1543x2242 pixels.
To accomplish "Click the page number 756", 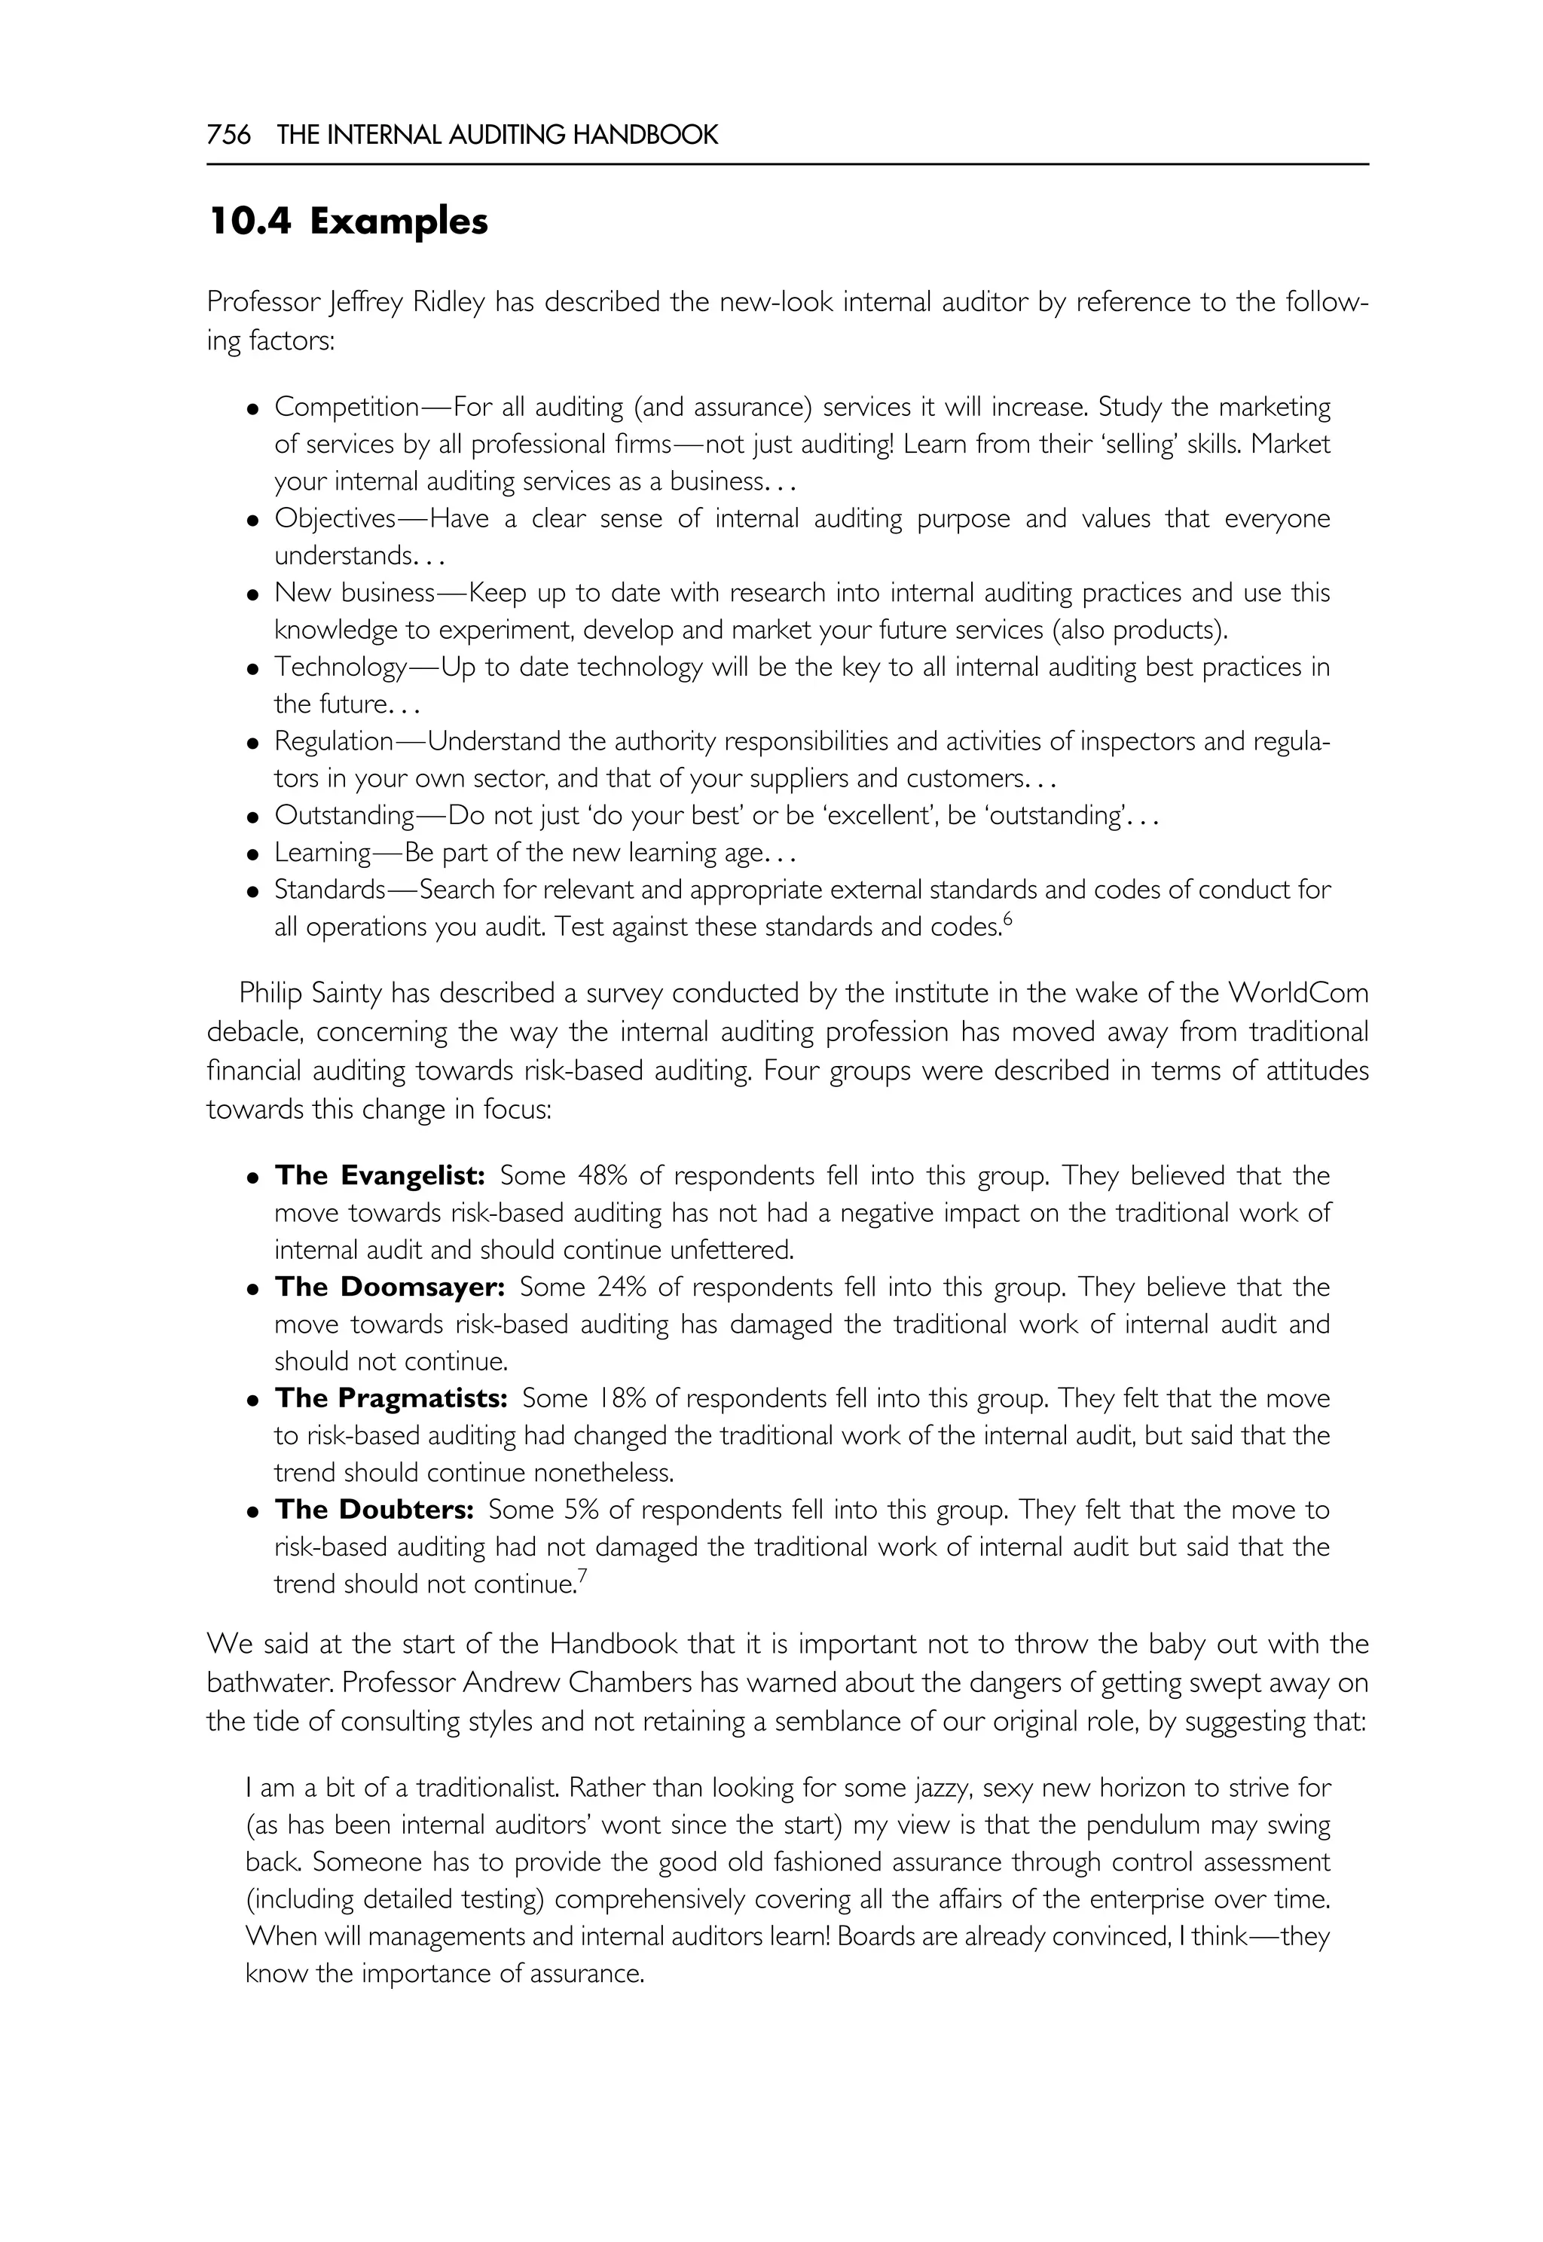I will coord(229,136).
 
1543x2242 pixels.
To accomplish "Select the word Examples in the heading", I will coord(399,222).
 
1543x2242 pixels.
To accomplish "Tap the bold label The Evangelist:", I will coord(379,1176).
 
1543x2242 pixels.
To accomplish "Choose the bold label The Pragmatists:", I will coord(390,1398).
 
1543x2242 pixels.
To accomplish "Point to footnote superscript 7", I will coord(582,1577).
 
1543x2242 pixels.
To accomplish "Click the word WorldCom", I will coord(1297,993).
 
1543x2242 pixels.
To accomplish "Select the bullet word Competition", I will coord(346,407).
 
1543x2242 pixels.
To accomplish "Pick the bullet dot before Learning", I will coord(253,854).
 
